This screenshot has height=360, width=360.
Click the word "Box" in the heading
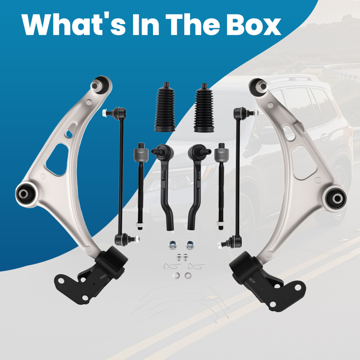pos(253,24)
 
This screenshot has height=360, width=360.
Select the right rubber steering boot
pos(204,108)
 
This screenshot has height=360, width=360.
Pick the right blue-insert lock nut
pos(189,245)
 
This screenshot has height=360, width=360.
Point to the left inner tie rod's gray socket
pos(141,155)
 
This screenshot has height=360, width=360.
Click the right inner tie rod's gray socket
pos(221,155)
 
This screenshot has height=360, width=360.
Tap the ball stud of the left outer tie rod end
pos(155,151)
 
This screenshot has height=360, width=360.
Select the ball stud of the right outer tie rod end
pos(207,151)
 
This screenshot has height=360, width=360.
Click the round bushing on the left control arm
pos(26,194)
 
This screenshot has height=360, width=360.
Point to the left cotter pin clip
pos(172,266)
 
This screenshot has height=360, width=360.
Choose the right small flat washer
pos(188,275)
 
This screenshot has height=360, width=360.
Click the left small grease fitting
pos(179,257)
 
